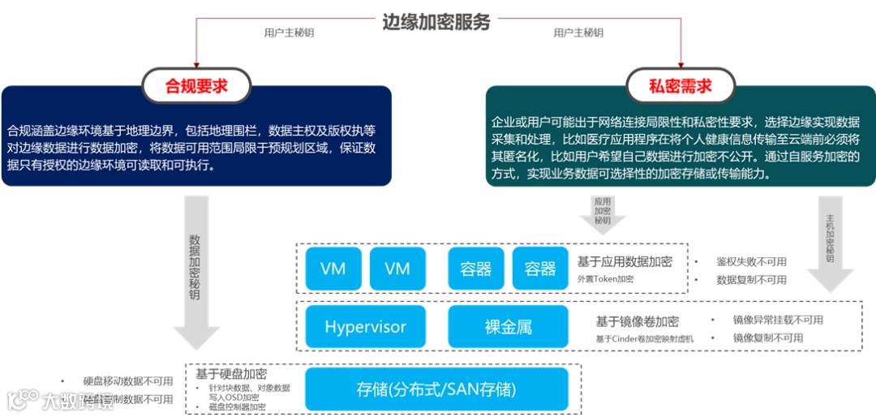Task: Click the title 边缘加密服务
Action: [436, 22]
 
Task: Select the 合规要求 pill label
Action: [197, 86]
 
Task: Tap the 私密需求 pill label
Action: [681, 86]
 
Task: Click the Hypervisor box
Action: [365, 327]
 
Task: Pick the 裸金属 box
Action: [509, 327]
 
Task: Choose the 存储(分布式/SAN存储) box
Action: [436, 389]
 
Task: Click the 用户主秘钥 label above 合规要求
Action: [289, 33]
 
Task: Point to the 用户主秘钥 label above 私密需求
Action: [578, 33]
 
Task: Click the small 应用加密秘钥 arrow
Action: [602, 213]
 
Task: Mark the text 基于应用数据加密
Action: [625, 261]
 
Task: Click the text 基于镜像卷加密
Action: [638, 322]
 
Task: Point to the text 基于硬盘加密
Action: [231, 374]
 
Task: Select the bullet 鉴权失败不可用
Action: [751, 262]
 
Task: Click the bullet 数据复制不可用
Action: [751, 280]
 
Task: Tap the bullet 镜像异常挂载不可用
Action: [777, 320]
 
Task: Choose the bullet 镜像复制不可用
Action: [767, 337]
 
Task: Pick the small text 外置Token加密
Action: [605, 279]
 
